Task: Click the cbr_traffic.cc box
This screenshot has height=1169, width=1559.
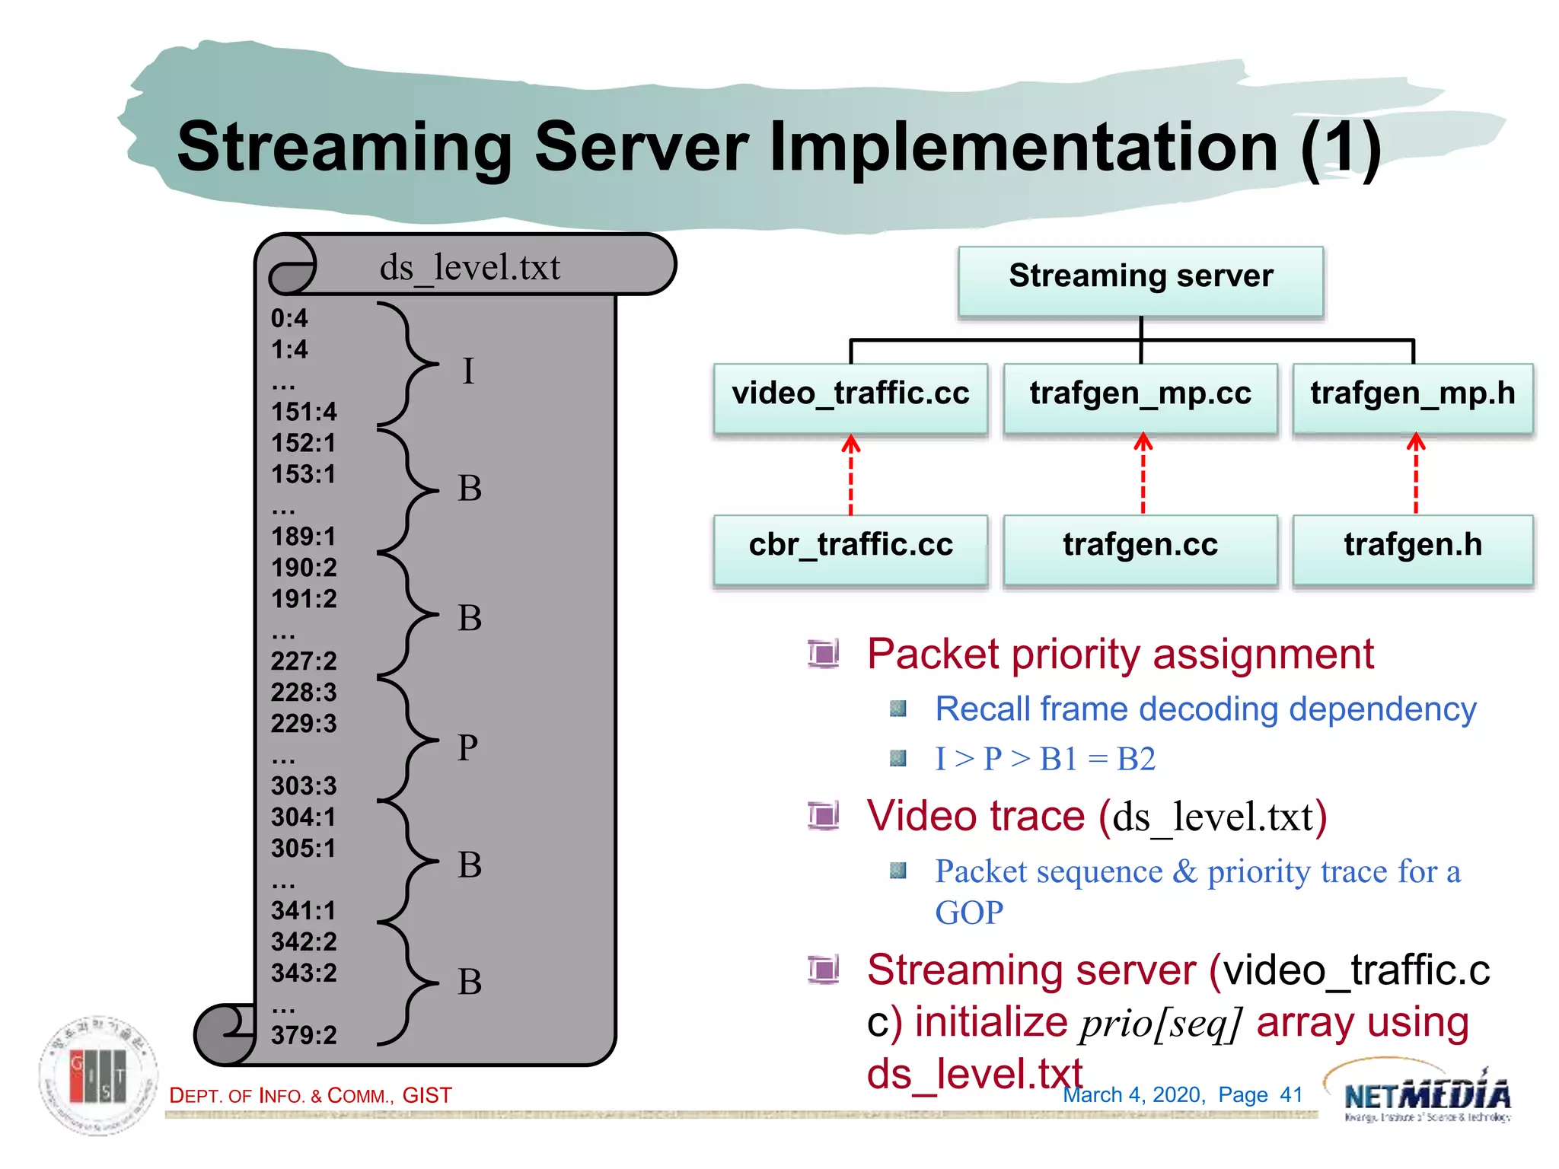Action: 850,547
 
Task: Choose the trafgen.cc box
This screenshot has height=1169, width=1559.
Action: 1140,547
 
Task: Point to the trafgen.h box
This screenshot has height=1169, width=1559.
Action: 1413,547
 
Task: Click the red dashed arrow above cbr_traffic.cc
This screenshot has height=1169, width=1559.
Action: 851,475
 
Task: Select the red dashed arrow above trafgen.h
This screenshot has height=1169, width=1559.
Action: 1416,475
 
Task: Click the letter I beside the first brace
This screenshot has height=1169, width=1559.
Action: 468,372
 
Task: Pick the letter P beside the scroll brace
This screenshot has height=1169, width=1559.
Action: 467,747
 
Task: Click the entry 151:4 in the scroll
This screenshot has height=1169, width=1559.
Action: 304,412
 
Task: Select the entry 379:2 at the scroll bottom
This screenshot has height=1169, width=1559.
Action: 304,1035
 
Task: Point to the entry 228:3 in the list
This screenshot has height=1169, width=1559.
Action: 304,692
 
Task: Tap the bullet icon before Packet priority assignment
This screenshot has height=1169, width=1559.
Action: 823,654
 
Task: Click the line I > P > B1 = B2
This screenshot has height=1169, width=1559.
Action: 1044,760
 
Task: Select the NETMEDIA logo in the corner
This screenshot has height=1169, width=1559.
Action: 1425,1094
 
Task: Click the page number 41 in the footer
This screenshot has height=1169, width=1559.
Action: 1291,1094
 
